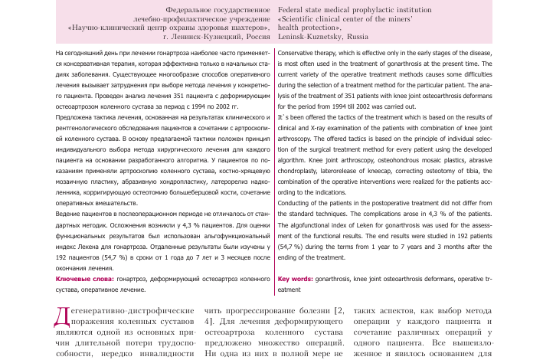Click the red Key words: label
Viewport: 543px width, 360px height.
pyautogui.click(x=296, y=280)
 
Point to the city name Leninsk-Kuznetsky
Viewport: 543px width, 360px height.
pyautogui.click(x=309, y=36)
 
